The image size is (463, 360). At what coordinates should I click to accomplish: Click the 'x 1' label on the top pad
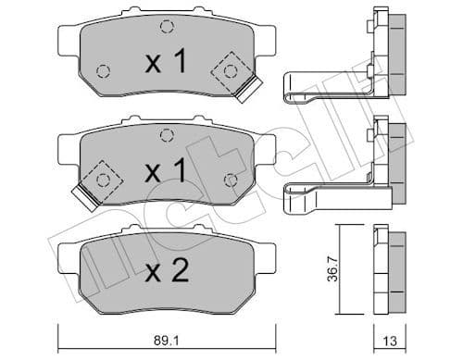(167, 63)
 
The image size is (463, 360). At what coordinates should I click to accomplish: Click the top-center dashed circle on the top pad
(166, 27)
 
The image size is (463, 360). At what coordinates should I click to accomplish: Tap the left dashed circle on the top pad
(103, 70)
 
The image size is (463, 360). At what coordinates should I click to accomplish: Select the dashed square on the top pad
(229, 69)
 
